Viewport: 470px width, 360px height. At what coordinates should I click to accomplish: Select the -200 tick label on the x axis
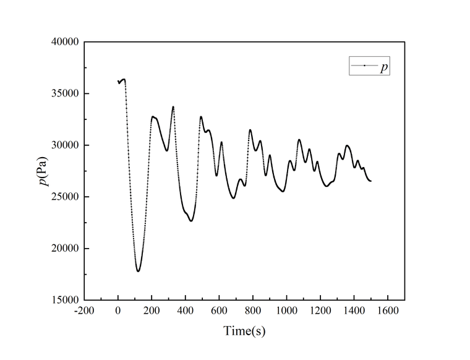[84, 311]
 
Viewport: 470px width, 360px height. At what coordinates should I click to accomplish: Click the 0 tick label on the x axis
[118, 311]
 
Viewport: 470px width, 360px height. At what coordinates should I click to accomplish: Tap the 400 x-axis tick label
[186, 311]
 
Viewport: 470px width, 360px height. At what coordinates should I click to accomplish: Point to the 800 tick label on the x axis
[253, 311]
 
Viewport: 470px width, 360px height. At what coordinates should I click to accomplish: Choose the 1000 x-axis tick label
[286, 311]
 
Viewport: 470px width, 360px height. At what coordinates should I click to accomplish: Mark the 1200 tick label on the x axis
[320, 311]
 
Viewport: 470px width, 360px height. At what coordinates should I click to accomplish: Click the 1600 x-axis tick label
[388, 311]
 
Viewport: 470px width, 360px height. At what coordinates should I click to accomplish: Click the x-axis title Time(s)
[244, 331]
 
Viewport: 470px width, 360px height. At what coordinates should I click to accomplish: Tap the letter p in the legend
[384, 66]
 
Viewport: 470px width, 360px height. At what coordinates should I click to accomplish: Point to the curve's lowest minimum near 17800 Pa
[138, 271]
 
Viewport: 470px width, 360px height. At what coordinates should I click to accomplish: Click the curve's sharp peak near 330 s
[173, 107]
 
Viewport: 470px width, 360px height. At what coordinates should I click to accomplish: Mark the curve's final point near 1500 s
[370, 181]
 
